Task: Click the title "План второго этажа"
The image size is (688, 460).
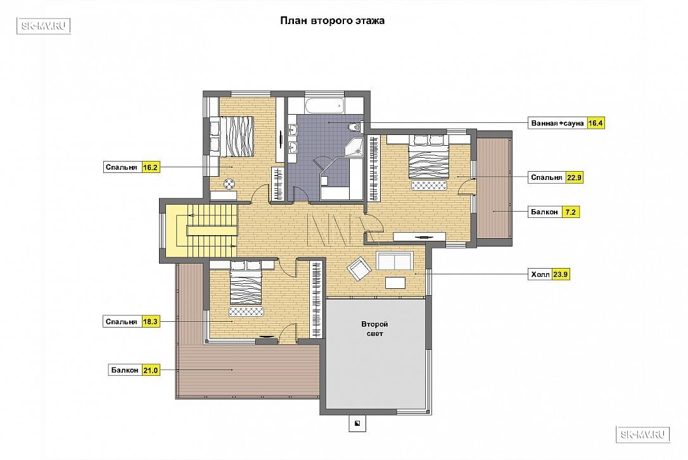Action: (x=332, y=21)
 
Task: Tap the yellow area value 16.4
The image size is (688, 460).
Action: (x=596, y=124)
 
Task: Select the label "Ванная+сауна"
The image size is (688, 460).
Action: (x=557, y=124)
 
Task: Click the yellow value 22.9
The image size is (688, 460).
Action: (x=574, y=177)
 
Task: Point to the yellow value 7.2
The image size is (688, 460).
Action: (x=570, y=212)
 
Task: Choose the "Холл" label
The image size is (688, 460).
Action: (x=540, y=275)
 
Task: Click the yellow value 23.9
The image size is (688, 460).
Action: (x=560, y=275)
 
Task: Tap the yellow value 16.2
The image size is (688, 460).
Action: (x=150, y=167)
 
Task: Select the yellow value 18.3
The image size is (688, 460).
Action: (x=150, y=322)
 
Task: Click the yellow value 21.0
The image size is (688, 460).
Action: (x=150, y=370)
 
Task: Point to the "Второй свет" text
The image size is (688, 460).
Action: (x=374, y=329)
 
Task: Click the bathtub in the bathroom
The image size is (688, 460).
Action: (x=325, y=105)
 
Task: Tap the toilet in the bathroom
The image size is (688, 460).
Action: (x=354, y=127)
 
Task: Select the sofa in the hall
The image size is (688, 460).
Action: (x=395, y=260)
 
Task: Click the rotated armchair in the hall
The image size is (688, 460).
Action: (x=359, y=268)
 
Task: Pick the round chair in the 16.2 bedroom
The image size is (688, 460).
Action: (x=229, y=184)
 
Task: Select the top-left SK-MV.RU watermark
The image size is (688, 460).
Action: (x=44, y=26)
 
